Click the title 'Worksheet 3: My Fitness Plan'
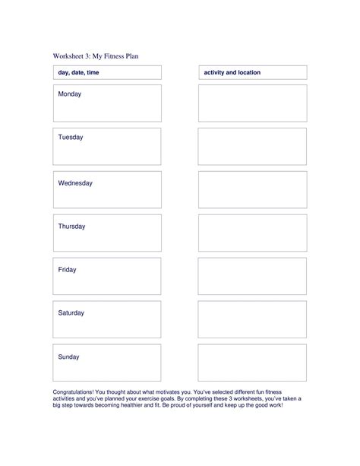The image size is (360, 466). (96, 55)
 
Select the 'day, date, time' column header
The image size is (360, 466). (78, 72)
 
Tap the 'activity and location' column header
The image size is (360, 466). (232, 72)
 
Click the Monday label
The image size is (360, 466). (69, 94)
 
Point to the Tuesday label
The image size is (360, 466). (71, 138)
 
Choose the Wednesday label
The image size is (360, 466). (75, 183)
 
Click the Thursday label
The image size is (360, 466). (71, 227)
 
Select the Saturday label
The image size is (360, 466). (71, 313)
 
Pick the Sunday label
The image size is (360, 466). (69, 357)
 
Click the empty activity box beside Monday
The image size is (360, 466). (252, 103)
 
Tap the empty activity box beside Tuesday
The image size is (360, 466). (252, 147)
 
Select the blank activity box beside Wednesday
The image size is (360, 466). (252, 190)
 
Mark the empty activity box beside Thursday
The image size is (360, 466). (252, 233)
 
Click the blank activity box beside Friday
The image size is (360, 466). (252, 277)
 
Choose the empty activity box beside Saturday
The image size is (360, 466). (252, 320)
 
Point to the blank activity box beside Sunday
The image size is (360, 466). (252, 363)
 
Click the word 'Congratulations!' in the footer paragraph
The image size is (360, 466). (75, 390)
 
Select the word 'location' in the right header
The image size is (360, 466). (248, 72)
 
